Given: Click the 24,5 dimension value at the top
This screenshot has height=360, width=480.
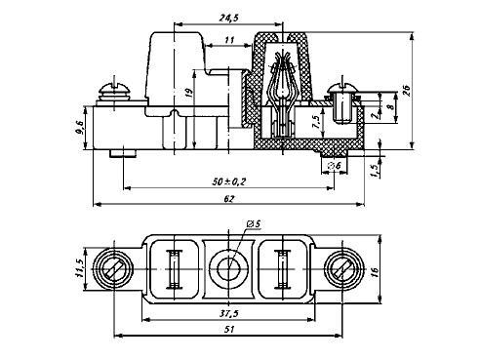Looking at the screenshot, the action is [x=228, y=18].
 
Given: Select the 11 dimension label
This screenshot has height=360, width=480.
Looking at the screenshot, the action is [x=229, y=40].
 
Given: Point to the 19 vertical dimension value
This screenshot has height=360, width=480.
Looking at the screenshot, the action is [x=189, y=93].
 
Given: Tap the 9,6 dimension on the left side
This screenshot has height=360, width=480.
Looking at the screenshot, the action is [x=79, y=127].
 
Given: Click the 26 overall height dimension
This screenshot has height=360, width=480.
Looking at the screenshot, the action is [x=407, y=90].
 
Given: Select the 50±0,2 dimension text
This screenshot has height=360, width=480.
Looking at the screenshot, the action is [x=229, y=181].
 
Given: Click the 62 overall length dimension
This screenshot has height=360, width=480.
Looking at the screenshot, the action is [x=229, y=198].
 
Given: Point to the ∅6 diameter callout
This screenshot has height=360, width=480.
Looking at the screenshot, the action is [x=335, y=166].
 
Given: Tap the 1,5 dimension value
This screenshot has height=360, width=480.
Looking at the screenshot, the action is [x=375, y=171].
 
